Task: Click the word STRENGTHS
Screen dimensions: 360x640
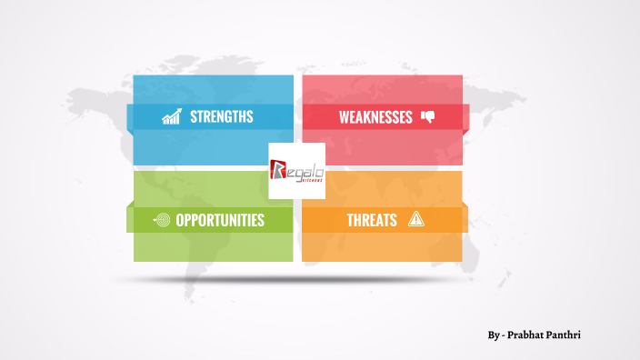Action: click(x=221, y=117)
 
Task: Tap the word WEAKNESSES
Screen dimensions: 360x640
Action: click(x=375, y=117)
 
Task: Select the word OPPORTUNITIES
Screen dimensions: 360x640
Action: click(x=220, y=220)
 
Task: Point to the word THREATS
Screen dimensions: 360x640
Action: click(x=371, y=220)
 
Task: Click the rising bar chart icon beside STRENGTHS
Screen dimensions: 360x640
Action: click(x=171, y=116)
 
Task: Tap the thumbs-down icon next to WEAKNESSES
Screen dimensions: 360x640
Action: click(x=427, y=116)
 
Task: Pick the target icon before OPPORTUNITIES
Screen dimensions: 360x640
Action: click(x=162, y=220)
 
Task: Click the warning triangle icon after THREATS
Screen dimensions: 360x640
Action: click(x=416, y=219)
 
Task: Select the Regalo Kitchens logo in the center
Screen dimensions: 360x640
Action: click(x=296, y=171)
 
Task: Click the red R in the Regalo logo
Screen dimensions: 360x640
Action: click(x=279, y=170)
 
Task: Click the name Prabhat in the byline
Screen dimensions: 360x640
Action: click(x=527, y=335)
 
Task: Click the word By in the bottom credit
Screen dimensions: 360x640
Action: click(x=492, y=335)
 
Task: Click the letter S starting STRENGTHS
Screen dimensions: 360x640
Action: click(x=194, y=117)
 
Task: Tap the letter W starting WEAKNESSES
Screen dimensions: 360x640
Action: click(x=345, y=117)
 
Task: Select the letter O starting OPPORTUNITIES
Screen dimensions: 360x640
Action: click(x=180, y=220)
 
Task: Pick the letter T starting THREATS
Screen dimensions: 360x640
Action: click(x=350, y=220)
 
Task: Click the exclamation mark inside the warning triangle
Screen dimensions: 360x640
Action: click(x=416, y=220)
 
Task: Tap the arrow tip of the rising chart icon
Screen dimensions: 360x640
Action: click(x=178, y=111)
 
